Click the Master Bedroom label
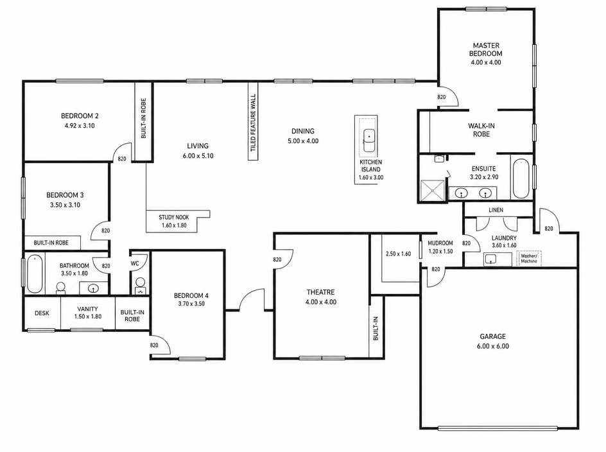tap(486, 49)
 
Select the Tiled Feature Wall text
tap(253, 122)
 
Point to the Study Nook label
tap(173, 217)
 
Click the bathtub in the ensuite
tap(521, 178)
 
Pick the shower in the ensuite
tap(433, 191)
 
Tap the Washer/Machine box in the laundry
tap(529, 258)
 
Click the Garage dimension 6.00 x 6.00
tap(493, 346)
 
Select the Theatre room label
tap(320, 292)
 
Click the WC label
tap(135, 264)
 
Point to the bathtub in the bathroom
tap(35, 274)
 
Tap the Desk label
tap(42, 313)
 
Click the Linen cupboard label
tap(496, 210)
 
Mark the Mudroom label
tap(440, 243)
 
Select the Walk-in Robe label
tap(481, 130)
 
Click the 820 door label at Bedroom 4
tap(154, 345)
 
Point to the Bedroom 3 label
tap(65, 195)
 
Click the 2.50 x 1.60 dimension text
tap(398, 254)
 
